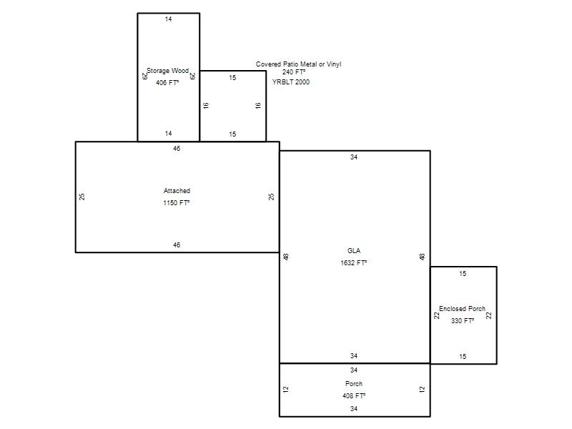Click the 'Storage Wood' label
(x=167, y=71)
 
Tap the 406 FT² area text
(x=167, y=83)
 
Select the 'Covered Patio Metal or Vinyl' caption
(x=298, y=64)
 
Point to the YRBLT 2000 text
(x=291, y=82)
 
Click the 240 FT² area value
(x=294, y=72)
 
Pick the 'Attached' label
(x=177, y=191)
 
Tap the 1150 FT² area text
(x=177, y=203)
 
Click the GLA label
(x=354, y=251)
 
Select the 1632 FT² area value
(x=353, y=262)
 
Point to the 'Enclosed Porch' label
(x=462, y=309)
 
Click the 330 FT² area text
(x=463, y=320)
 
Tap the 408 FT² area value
(x=354, y=396)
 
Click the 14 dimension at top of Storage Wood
(x=168, y=19)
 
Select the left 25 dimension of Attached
(x=82, y=197)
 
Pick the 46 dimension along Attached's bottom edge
(x=177, y=245)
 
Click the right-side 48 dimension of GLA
(x=422, y=257)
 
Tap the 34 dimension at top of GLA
(x=354, y=157)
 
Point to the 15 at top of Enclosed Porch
(x=463, y=274)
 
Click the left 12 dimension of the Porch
(x=286, y=389)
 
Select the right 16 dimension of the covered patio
(x=258, y=106)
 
